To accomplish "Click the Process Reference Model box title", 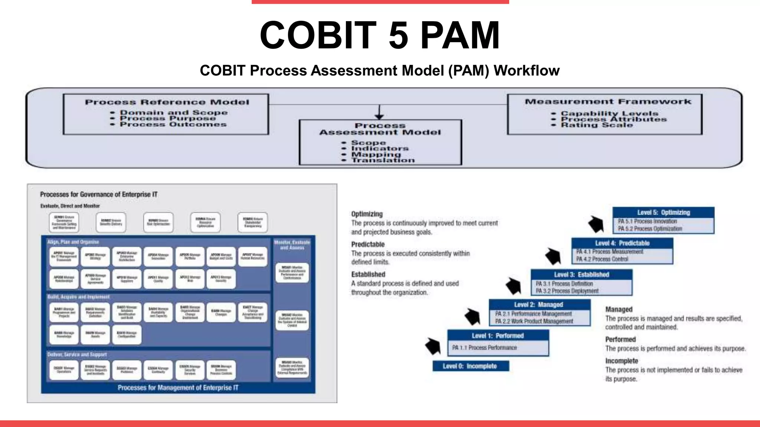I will click(x=167, y=102).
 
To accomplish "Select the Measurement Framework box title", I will click(x=608, y=102).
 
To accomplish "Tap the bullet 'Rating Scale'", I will click(x=596, y=125).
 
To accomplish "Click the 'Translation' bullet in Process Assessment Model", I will click(x=383, y=160).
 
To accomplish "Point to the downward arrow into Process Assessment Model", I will click(x=379, y=113).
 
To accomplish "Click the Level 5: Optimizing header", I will click(x=663, y=212).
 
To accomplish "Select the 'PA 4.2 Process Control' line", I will click(x=602, y=259).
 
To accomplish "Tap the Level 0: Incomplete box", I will click(x=471, y=366).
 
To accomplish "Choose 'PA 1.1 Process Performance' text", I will click(x=484, y=348).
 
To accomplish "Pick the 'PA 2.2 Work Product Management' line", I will click(x=534, y=321).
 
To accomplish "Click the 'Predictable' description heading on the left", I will click(x=368, y=244).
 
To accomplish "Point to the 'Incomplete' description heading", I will click(x=622, y=361).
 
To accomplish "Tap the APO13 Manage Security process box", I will click(x=221, y=279).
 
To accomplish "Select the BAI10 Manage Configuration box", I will click(x=127, y=334).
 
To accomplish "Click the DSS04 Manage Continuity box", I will click(x=158, y=370).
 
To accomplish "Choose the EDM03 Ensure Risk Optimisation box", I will click(x=158, y=222).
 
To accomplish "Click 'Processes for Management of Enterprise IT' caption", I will click(x=178, y=388).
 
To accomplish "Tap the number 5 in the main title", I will click(x=399, y=35).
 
